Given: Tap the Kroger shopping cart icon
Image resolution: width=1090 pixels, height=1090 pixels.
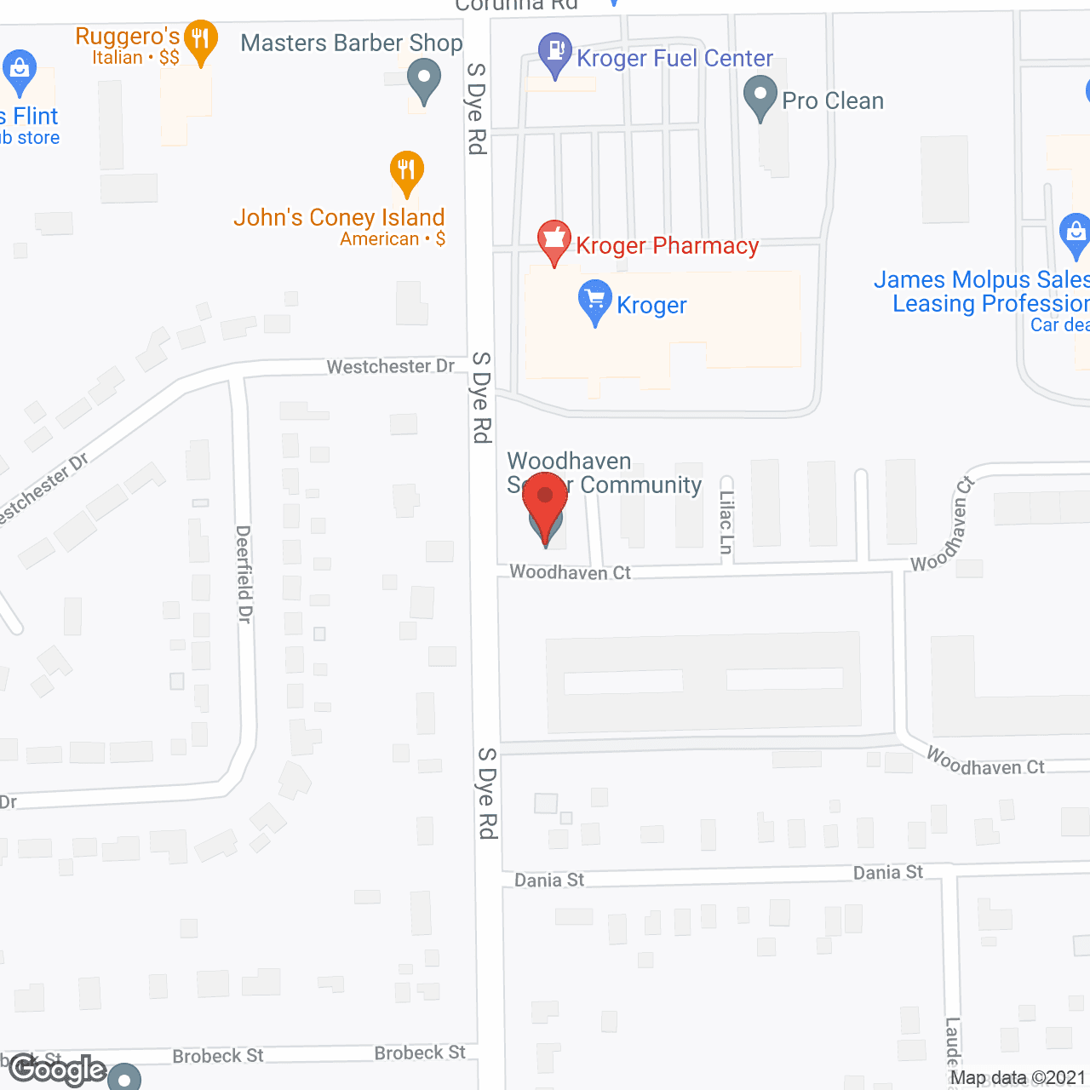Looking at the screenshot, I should tap(595, 301).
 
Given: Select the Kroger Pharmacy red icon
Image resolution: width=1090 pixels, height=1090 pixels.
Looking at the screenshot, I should tap(554, 241).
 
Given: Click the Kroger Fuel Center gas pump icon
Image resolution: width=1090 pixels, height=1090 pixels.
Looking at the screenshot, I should tap(555, 54).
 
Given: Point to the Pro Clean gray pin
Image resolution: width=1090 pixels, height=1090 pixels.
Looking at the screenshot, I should tap(760, 96).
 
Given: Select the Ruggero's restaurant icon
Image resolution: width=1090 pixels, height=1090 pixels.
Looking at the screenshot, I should tap(200, 40).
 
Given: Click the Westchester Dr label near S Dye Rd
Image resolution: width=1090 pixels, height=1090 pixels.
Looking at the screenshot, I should tap(391, 366).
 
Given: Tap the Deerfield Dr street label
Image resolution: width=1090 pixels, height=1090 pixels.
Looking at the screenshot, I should tap(244, 574).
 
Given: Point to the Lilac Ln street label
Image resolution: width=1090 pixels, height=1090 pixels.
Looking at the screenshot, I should tap(726, 522).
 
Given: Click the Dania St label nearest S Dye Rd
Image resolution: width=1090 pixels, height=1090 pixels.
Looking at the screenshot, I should tap(549, 880).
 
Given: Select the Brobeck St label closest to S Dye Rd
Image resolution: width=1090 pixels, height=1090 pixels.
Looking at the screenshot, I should tap(420, 1053).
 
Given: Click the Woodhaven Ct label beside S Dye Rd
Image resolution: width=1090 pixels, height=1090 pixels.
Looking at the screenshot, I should tap(570, 572).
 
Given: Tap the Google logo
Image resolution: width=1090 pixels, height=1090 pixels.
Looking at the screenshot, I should tap(57, 1070).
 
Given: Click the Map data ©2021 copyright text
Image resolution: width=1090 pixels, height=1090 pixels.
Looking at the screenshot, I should tap(1018, 1078).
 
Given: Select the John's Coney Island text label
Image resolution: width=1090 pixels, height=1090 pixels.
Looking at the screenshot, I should tap(339, 218).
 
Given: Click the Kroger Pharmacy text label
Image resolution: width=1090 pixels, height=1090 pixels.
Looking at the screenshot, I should tap(667, 246).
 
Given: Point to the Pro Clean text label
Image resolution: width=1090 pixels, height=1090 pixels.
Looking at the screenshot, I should tap(832, 100).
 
